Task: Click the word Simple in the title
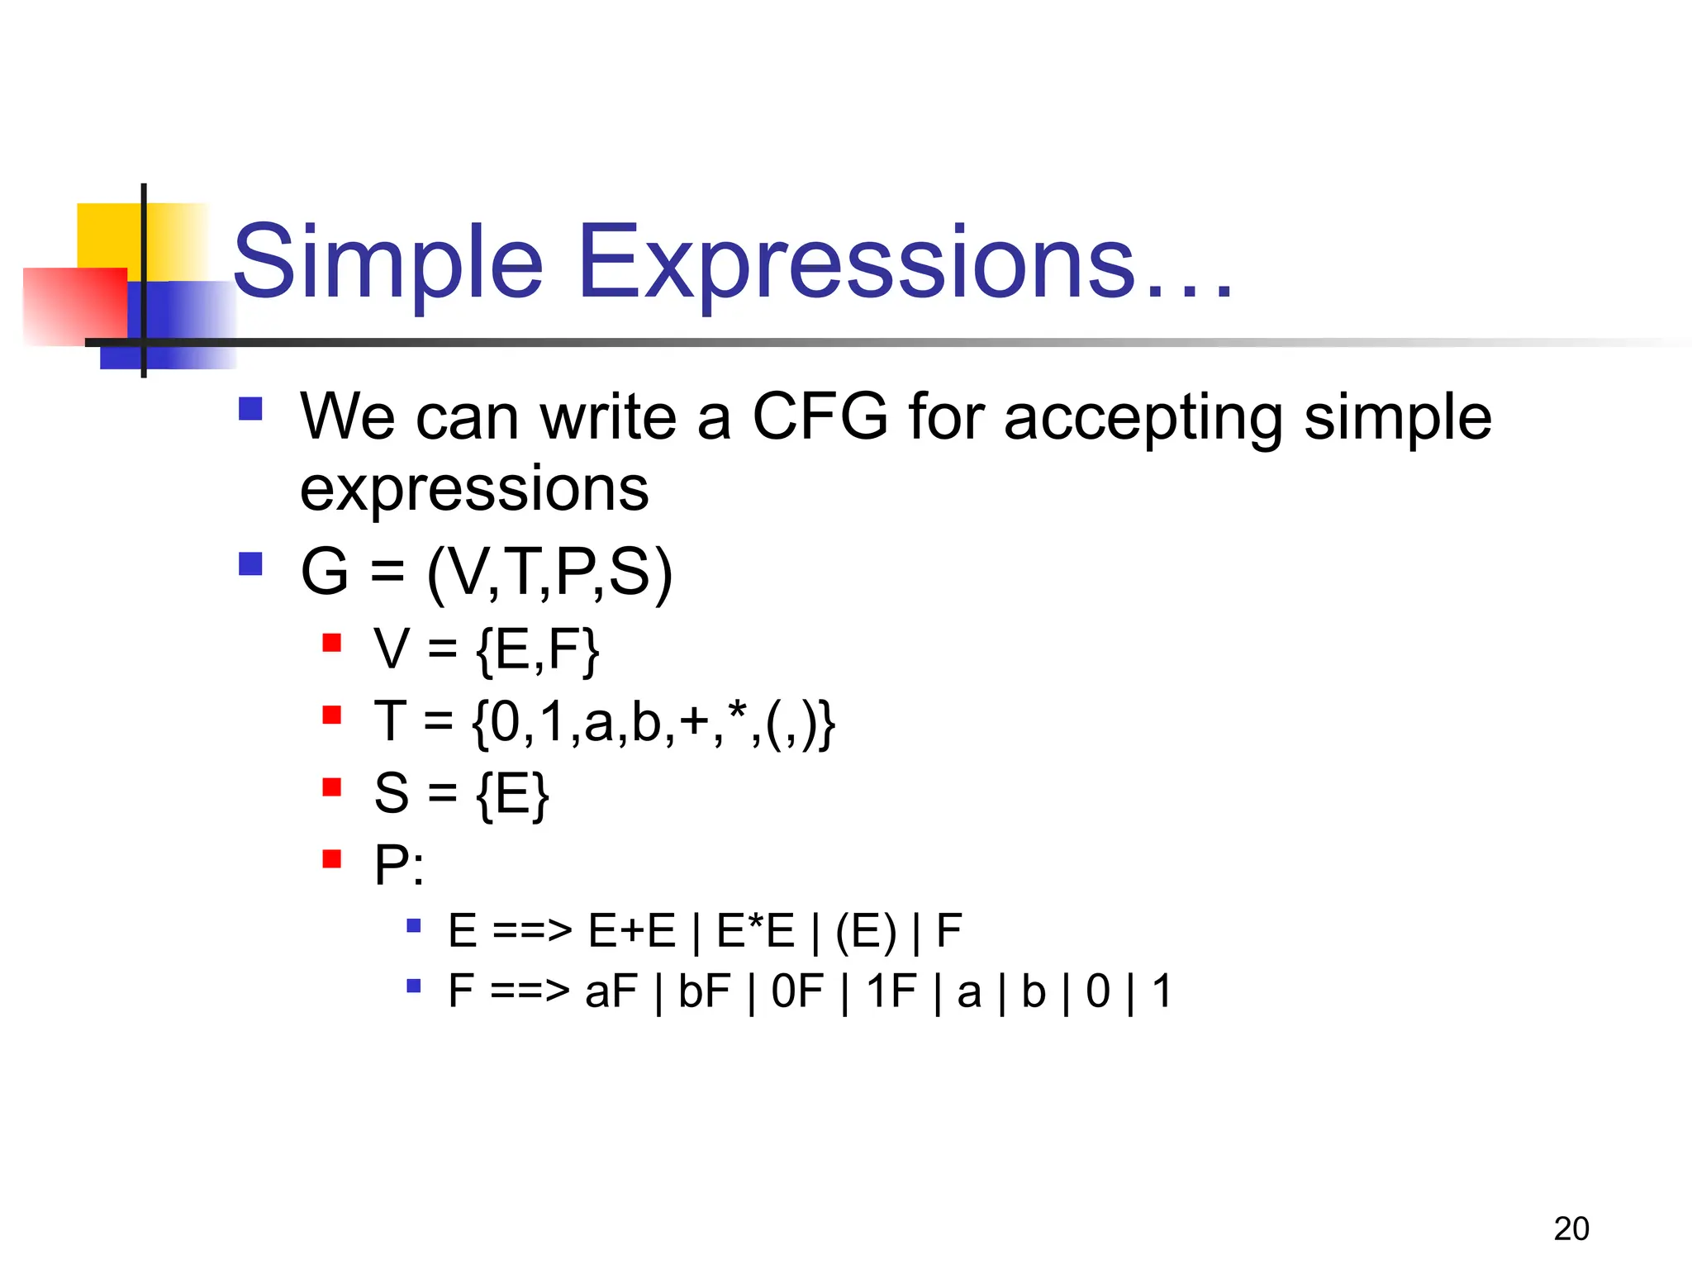(x=388, y=263)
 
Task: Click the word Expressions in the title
(x=856, y=263)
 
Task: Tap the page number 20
(x=1571, y=1229)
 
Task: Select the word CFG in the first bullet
(x=820, y=416)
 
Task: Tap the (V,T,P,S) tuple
(x=549, y=572)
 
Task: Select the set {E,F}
(x=537, y=650)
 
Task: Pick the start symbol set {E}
(x=512, y=795)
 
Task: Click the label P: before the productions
(x=399, y=866)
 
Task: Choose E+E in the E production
(x=632, y=931)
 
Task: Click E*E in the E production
(x=755, y=931)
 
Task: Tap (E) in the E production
(x=865, y=932)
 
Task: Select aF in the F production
(x=611, y=991)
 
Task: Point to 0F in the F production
(x=797, y=991)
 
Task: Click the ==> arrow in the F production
(x=530, y=991)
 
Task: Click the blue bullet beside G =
(x=250, y=564)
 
